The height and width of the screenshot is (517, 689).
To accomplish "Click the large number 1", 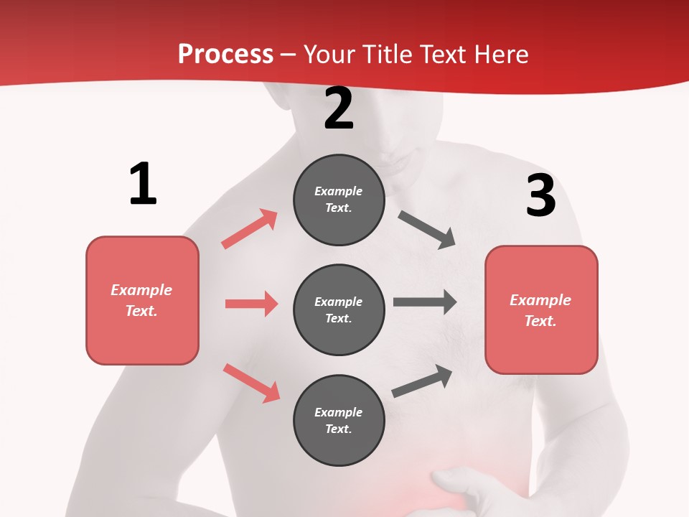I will (143, 184).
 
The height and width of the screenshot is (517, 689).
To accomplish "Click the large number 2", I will (339, 109).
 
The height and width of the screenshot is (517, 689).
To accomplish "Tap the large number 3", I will (540, 195).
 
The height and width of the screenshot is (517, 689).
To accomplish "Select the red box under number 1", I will (142, 300).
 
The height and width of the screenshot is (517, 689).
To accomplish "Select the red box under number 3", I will (541, 310).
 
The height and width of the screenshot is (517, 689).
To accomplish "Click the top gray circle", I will (339, 200).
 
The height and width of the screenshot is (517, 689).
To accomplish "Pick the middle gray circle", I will (339, 310).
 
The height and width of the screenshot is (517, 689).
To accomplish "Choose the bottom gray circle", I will (339, 421).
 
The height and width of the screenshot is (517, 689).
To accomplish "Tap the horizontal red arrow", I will (251, 304).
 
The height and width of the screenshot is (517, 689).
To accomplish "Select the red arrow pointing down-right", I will (252, 383).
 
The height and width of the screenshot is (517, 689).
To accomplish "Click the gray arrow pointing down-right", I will (427, 230).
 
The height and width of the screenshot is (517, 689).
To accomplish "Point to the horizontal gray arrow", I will (425, 302).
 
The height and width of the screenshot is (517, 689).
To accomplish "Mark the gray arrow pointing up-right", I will (423, 381).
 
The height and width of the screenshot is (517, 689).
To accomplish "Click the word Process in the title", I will (225, 54).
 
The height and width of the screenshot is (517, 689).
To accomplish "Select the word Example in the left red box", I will (141, 290).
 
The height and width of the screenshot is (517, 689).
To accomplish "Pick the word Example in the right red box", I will (540, 300).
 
